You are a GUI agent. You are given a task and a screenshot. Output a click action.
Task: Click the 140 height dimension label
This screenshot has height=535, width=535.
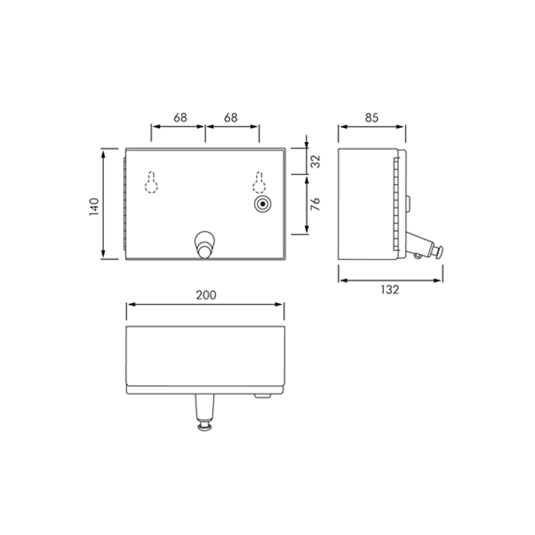click(94, 207)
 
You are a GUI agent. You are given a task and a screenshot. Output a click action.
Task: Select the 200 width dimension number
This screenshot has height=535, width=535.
click(206, 295)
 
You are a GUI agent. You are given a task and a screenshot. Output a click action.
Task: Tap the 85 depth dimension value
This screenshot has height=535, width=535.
click(372, 118)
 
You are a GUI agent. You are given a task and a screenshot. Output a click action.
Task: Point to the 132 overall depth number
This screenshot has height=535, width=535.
click(390, 290)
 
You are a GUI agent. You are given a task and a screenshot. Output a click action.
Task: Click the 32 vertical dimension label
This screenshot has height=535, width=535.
click(315, 162)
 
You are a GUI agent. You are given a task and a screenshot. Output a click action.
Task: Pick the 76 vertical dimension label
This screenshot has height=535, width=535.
click(315, 204)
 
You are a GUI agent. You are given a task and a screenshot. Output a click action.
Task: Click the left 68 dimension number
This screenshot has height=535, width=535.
click(180, 118)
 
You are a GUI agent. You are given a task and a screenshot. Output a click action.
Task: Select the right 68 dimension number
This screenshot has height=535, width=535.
click(231, 118)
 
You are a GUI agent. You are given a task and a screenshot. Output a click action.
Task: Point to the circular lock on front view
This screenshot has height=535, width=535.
click(263, 204)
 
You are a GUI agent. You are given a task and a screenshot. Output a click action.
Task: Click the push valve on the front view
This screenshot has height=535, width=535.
click(205, 245)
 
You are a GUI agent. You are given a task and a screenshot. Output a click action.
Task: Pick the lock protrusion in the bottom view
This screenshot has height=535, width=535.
click(262, 396)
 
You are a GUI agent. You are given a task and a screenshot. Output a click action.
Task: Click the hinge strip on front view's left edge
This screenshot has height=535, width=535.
click(124, 204)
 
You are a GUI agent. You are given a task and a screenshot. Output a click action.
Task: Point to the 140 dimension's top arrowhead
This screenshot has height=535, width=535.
click(103, 153)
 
